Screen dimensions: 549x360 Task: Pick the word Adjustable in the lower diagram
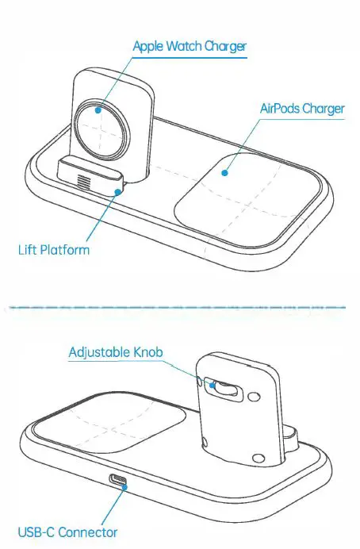[101, 351]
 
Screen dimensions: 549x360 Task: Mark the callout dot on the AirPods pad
[224, 170]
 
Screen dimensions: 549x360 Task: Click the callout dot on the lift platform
[118, 190]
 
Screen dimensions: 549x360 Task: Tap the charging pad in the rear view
[111, 432]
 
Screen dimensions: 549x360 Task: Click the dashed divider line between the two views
[180, 304]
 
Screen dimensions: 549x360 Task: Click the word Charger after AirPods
[325, 107]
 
